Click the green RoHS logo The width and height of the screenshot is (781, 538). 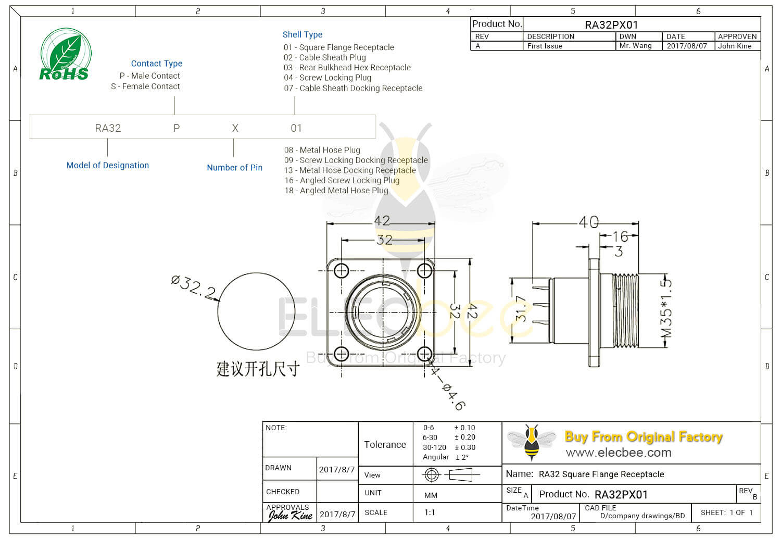65,55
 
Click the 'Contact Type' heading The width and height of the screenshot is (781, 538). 156,64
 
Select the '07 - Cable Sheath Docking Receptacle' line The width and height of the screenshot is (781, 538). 353,88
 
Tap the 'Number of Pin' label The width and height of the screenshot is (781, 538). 234,168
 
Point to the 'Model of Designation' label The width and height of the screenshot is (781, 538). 108,165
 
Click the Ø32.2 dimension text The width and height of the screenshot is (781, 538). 193,287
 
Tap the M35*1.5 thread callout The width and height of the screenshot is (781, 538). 666,308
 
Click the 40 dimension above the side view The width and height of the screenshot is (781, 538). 588,222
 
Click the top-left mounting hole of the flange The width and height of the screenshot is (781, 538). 341,271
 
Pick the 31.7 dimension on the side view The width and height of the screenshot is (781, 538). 520,309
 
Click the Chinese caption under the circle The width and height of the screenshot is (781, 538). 258,369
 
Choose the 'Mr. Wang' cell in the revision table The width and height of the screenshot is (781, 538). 635,46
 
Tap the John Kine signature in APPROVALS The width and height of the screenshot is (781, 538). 290,516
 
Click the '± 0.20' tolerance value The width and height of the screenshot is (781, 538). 464,437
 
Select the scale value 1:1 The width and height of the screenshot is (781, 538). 430,512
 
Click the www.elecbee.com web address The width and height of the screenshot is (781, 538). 619,453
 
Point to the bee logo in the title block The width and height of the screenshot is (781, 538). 532,442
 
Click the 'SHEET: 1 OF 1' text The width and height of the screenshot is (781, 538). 726,512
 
